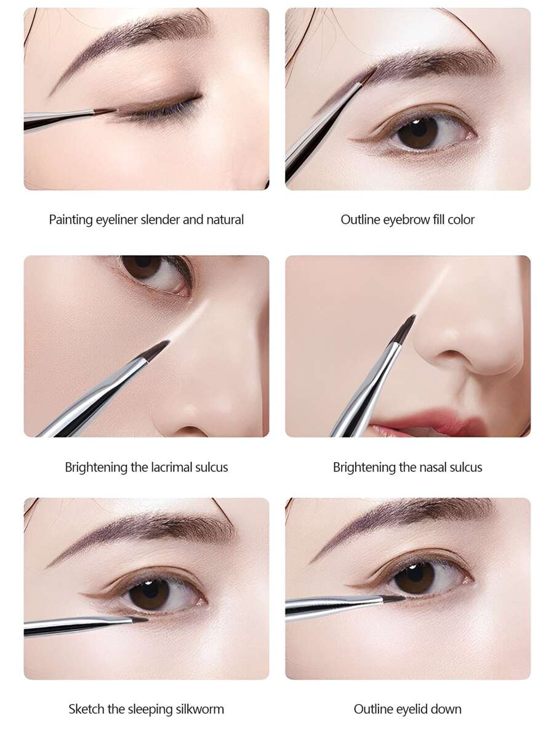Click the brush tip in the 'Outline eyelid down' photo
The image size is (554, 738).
click(x=394, y=598)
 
